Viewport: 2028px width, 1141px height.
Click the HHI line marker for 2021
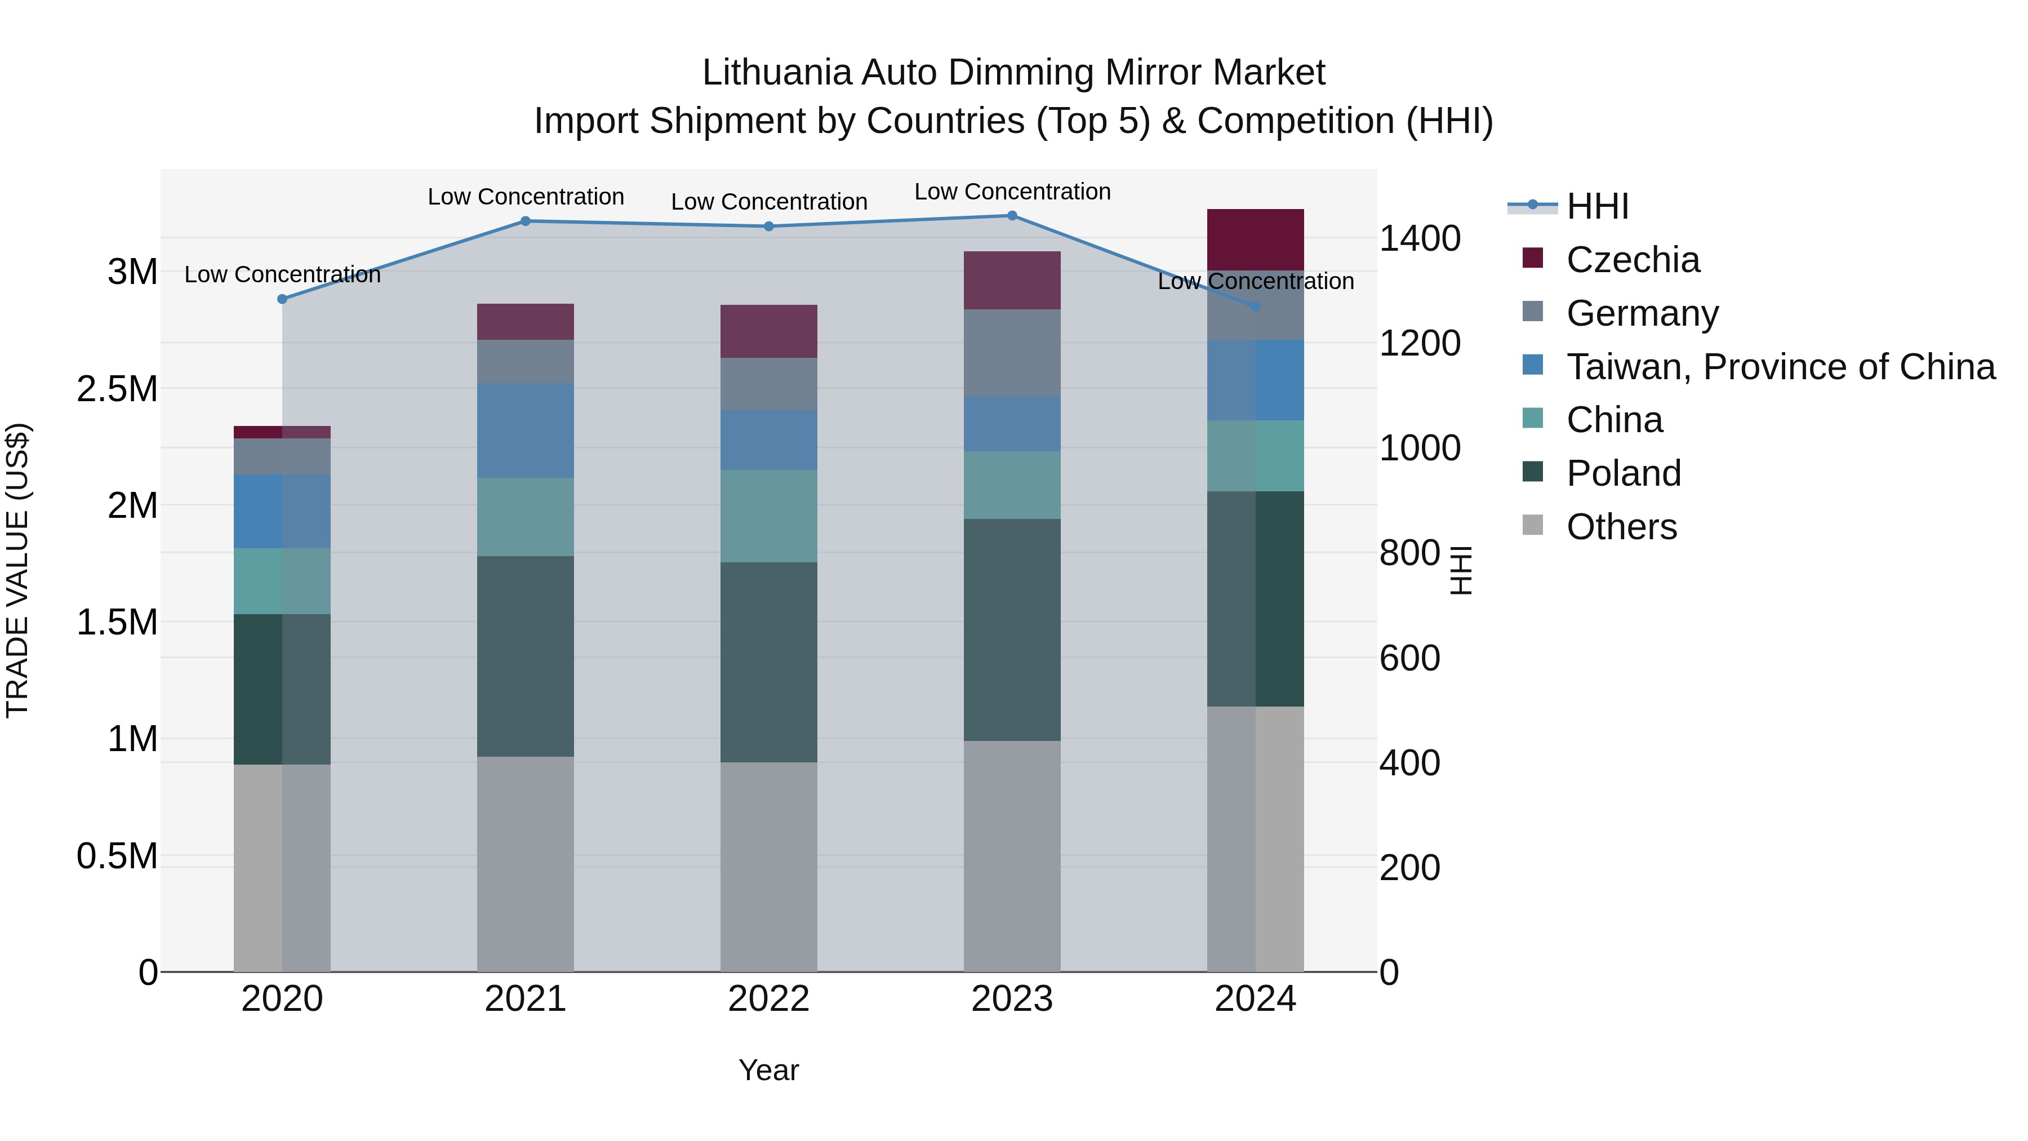click(526, 221)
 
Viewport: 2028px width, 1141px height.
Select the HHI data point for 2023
click(1012, 216)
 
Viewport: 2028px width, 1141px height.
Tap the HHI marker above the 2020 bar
click(283, 299)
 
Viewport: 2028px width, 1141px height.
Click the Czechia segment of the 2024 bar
click(1256, 239)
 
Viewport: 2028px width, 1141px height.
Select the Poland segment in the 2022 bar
click(769, 661)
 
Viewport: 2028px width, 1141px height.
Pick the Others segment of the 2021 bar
click(526, 864)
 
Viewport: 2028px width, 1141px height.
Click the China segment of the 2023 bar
click(1012, 485)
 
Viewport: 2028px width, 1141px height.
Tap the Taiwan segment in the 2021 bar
click(526, 430)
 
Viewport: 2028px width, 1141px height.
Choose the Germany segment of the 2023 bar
click(1012, 353)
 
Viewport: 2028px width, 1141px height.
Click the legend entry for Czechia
click(1633, 260)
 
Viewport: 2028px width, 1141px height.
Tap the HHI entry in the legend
click(1598, 206)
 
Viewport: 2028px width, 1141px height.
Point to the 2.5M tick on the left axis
click(117, 389)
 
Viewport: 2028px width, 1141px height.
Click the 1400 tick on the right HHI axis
click(1420, 238)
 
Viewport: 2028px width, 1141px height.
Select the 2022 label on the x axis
click(769, 999)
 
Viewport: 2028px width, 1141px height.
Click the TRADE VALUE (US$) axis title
click(17, 571)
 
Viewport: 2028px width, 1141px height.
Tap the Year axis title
click(769, 1070)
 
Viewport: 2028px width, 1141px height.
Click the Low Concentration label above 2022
click(769, 202)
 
